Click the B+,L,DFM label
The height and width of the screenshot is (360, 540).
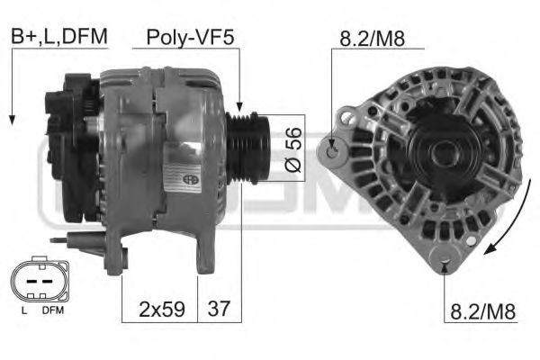(x=59, y=36)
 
